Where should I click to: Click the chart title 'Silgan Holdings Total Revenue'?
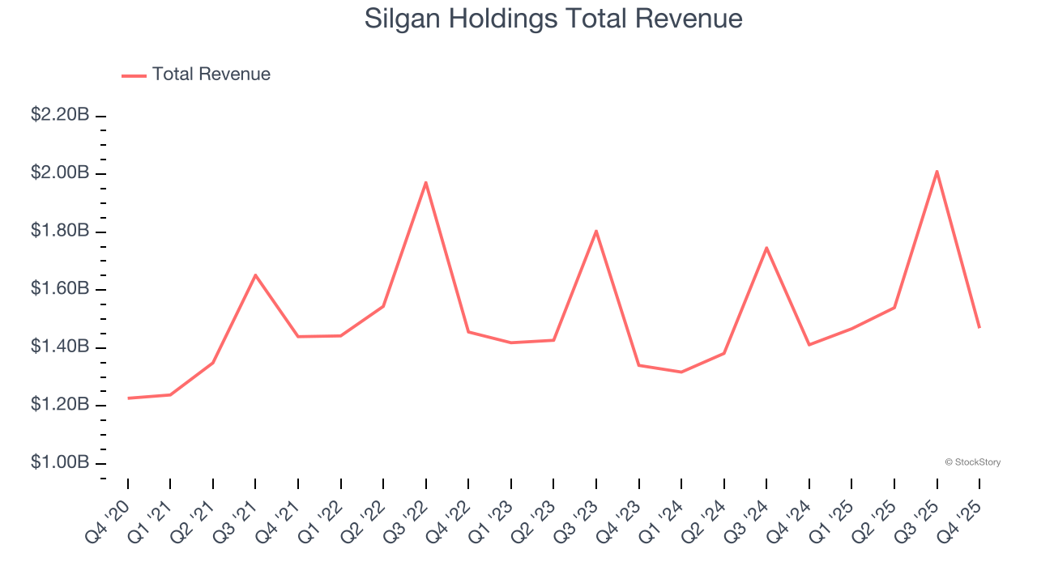point(553,19)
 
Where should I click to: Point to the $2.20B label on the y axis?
point(60,115)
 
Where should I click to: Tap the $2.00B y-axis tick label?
point(60,173)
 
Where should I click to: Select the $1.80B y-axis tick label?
point(60,231)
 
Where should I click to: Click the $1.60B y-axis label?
point(60,289)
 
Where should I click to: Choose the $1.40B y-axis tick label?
point(60,347)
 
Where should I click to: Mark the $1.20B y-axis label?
point(60,405)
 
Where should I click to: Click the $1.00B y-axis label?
point(60,462)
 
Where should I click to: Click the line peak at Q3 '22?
point(426,182)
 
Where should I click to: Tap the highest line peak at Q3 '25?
point(937,171)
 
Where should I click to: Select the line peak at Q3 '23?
point(596,231)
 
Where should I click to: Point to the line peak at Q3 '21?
point(255,275)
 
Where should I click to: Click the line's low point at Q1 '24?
point(681,372)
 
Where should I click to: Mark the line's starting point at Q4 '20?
point(128,398)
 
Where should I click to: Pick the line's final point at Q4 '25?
point(979,327)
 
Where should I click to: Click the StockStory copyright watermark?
point(972,462)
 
